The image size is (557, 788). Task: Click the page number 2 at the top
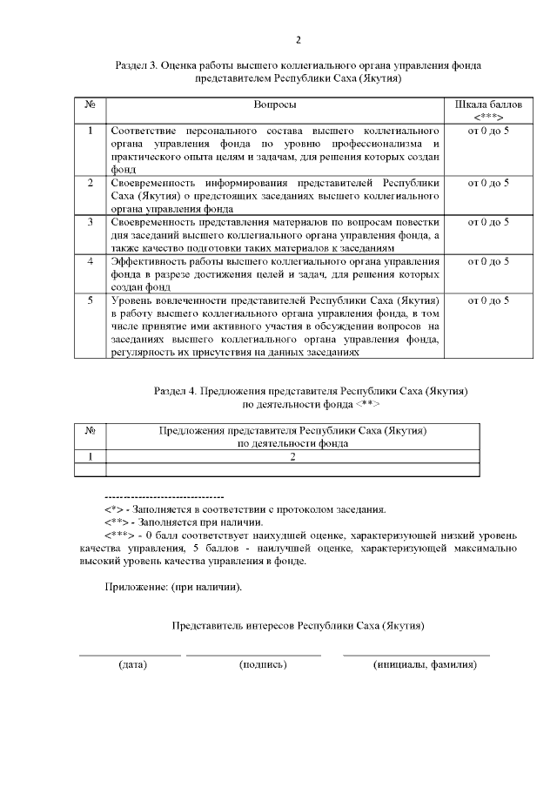coord(298,40)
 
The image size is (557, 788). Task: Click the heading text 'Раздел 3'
coord(137,66)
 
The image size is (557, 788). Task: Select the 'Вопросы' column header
coord(275,104)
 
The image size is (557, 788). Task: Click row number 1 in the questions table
coord(90,131)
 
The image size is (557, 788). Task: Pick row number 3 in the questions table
coord(90,222)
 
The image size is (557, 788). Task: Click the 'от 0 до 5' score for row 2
coord(488,183)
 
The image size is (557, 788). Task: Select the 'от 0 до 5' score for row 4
coord(488,261)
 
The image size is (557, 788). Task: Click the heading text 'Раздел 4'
coord(174,392)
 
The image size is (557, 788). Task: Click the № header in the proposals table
coord(90,430)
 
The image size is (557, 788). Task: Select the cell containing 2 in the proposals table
coord(292,455)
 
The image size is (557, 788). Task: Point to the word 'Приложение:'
coord(132,586)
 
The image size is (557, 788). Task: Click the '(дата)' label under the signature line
coord(132,664)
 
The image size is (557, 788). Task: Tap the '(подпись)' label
coord(262,664)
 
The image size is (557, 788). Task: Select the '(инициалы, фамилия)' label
coord(425,664)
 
